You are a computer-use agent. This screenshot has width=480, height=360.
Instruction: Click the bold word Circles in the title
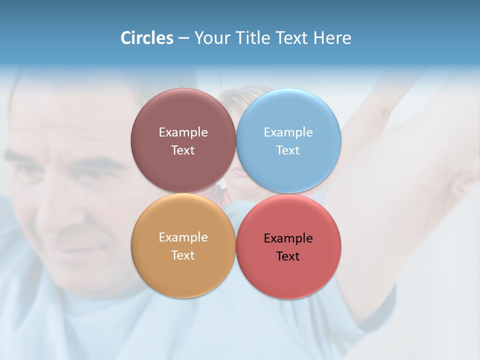click(147, 38)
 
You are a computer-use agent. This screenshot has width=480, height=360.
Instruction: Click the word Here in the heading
click(332, 38)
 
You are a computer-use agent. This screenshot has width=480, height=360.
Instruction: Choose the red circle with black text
click(288, 275)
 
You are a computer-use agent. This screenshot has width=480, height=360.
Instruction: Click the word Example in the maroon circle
click(183, 132)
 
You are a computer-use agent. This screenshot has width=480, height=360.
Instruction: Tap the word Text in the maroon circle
click(183, 150)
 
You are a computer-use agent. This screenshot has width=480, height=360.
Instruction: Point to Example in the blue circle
click(288, 132)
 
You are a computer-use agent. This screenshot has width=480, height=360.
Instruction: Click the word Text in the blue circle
click(288, 150)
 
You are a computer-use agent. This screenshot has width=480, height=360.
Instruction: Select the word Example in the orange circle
click(183, 237)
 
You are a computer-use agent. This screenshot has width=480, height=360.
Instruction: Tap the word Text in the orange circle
click(183, 255)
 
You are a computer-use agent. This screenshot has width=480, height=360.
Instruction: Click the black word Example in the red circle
click(288, 238)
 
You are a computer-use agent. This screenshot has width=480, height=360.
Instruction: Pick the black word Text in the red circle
click(288, 256)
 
